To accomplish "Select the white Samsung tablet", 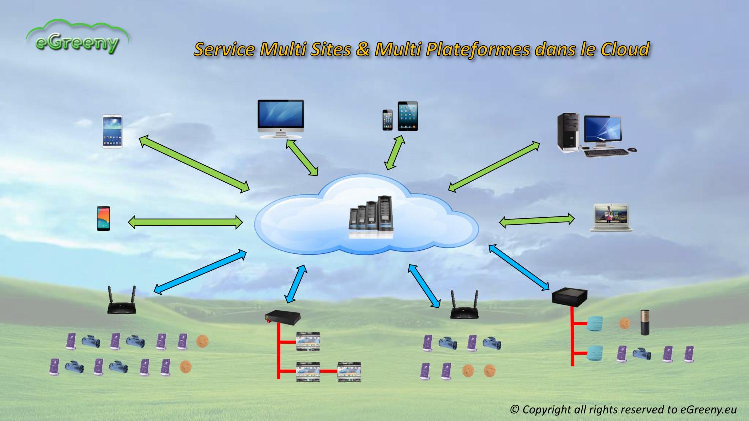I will click(112, 131).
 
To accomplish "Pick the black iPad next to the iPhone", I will click(407, 116).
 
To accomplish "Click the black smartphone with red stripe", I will click(103, 218).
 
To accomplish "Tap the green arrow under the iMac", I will click(302, 158).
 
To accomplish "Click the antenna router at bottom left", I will click(122, 302).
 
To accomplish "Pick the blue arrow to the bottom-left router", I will click(200, 271).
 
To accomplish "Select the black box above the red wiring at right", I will click(569, 297).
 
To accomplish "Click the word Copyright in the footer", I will click(546, 409).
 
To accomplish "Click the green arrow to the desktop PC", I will click(494, 166).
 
